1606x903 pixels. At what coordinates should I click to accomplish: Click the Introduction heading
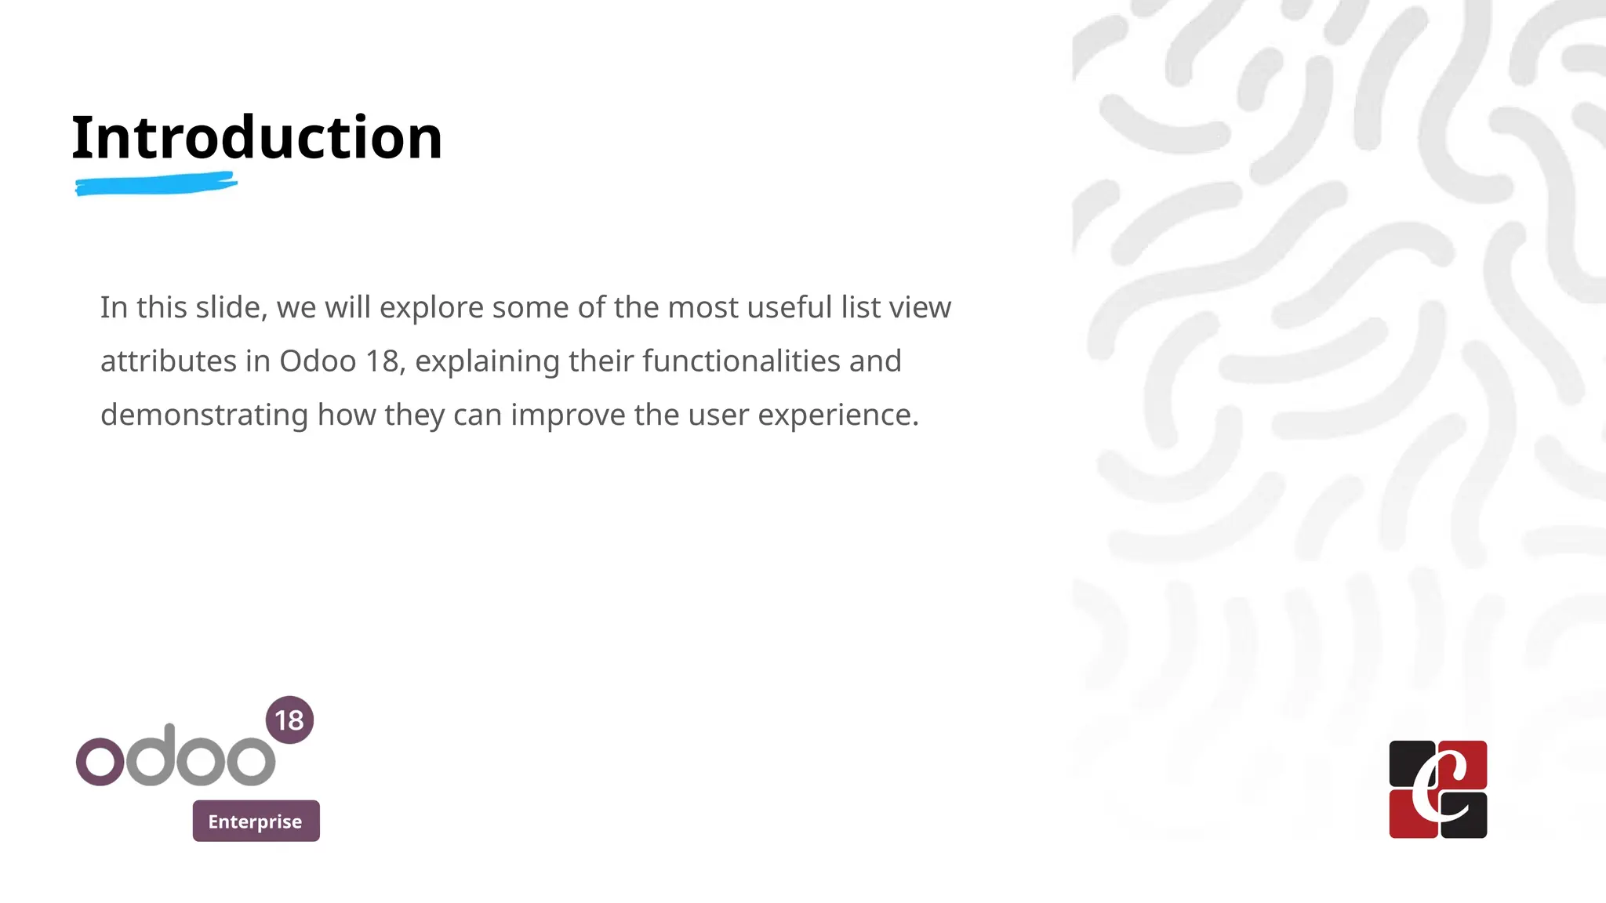[x=257, y=138]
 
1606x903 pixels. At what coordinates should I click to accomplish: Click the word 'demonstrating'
[x=204, y=415]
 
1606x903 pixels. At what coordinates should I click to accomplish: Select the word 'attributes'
[x=169, y=361]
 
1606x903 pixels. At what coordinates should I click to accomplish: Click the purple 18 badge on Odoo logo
[x=289, y=720]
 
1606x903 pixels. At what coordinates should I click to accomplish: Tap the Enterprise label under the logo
[x=256, y=821]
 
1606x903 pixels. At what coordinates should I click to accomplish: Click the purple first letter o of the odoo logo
[x=100, y=761]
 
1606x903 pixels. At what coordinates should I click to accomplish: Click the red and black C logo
[x=1437, y=789]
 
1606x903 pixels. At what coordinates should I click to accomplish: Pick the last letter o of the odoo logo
[x=251, y=761]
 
